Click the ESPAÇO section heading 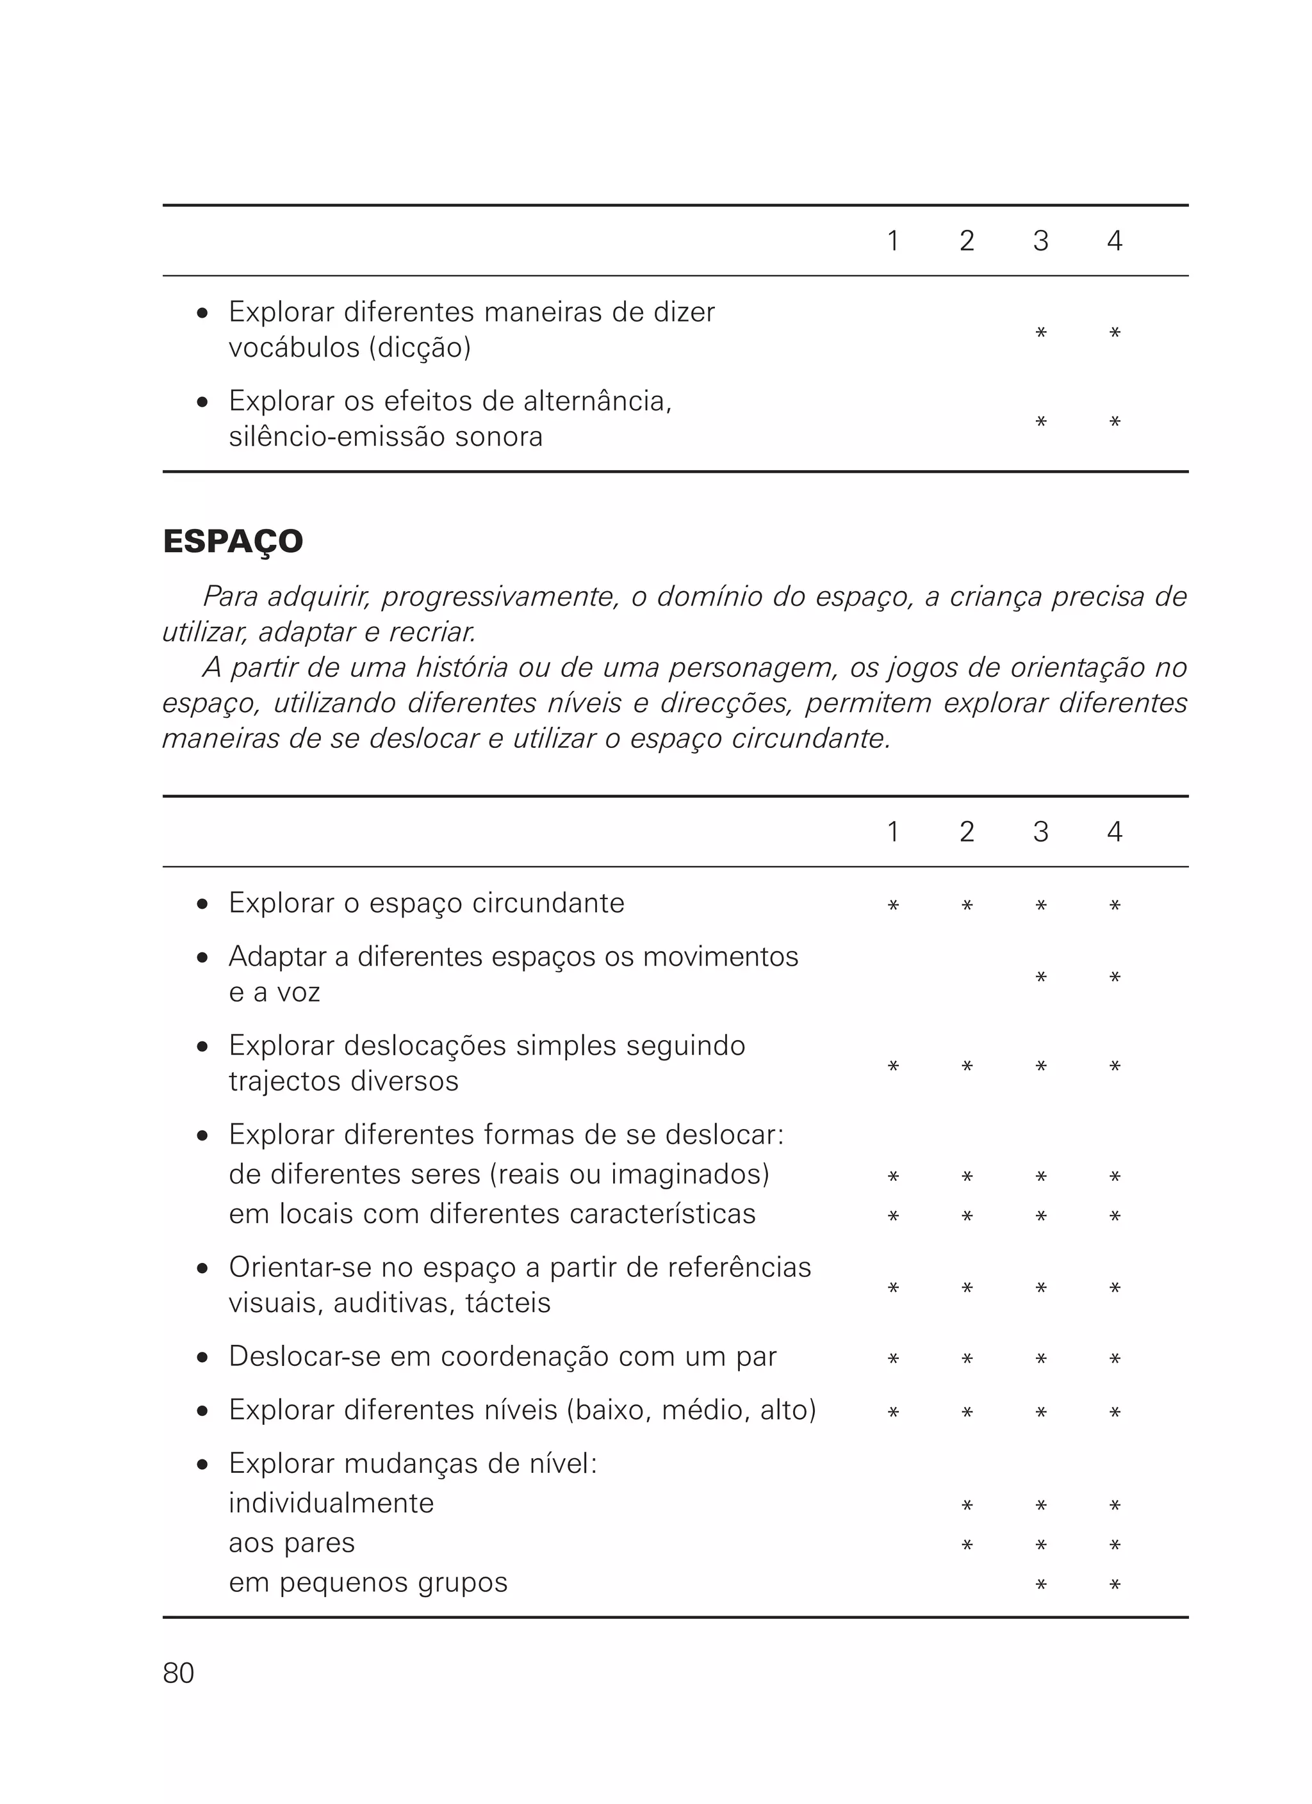(233, 542)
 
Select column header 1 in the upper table (892, 241)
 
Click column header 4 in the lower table (1114, 832)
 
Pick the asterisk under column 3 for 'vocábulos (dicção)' (1040, 332)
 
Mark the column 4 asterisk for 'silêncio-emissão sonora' (1115, 421)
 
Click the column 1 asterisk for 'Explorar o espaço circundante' (892, 905)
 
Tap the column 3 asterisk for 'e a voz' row (1040, 977)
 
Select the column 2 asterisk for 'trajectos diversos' (967, 1067)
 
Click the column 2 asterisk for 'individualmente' (967, 1506)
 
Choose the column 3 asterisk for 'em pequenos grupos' (1040, 1585)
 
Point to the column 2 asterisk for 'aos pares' (967, 1545)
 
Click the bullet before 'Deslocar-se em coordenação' (203, 1358)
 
